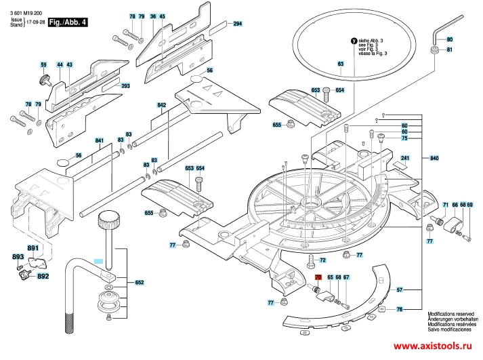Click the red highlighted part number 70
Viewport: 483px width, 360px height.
318,277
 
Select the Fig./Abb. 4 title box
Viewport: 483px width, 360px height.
68,22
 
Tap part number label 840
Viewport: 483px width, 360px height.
434,158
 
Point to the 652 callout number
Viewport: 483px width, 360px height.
140,282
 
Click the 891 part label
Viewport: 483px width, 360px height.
33,248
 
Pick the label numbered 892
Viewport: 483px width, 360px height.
43,276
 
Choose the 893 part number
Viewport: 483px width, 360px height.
18,257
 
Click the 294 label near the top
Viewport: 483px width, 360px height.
237,24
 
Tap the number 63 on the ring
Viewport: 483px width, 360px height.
340,64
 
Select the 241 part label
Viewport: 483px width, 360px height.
405,158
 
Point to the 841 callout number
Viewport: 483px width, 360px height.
99,140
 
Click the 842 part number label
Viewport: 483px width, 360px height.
161,105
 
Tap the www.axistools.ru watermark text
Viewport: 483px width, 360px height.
432,346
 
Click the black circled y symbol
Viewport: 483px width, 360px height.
354,41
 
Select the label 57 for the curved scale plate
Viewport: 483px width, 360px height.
399,289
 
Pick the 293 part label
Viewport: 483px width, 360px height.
125,85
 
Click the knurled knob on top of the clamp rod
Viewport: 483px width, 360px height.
109,220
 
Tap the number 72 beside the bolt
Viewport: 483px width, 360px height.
322,260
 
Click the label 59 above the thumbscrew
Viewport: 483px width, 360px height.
43,64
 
